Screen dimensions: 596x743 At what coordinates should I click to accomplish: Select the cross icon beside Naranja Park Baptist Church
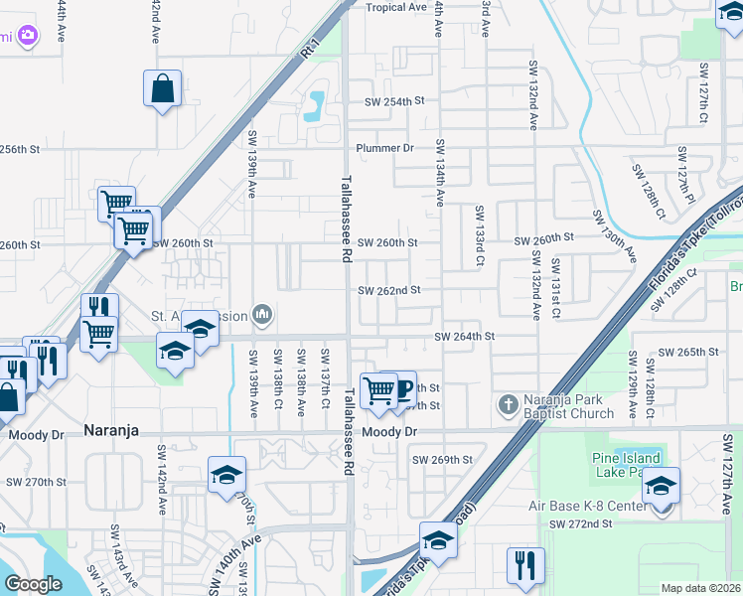508,403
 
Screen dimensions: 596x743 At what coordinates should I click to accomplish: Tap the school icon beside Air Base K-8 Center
661,487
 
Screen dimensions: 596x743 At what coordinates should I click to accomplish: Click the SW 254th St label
394,101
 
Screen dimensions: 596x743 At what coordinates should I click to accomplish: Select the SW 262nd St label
389,290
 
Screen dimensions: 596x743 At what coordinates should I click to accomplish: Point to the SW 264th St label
464,337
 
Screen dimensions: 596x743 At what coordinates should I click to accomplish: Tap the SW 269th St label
443,459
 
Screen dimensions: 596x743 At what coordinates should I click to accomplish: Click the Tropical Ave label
395,7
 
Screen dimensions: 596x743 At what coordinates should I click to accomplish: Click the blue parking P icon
404,388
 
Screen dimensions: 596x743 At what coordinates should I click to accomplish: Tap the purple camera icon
27,36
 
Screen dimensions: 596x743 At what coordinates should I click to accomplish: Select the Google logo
33,584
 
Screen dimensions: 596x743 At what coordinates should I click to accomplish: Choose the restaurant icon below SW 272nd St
524,565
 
